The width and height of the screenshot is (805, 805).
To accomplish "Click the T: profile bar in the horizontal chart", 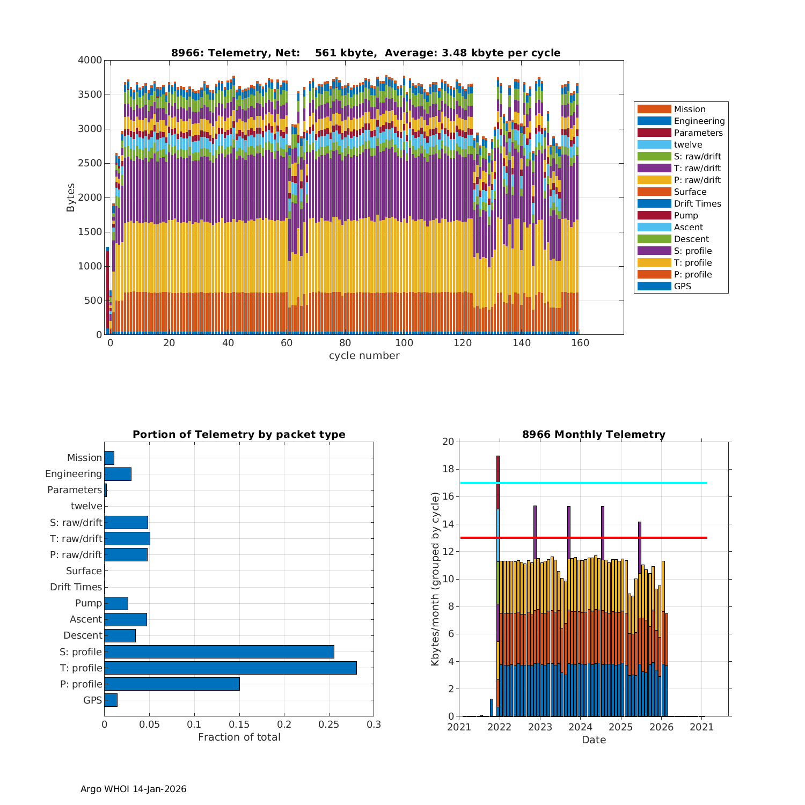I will click(230, 668).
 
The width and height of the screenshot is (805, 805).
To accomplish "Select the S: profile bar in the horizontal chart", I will click(219, 652).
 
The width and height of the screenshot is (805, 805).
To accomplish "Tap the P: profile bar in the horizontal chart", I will click(172, 684).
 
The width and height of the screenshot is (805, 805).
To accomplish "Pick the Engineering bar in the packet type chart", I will click(118, 474).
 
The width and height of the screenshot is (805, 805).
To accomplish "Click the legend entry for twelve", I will click(688, 144).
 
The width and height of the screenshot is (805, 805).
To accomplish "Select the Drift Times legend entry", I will click(697, 203).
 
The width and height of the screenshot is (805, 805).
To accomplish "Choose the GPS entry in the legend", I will click(682, 286).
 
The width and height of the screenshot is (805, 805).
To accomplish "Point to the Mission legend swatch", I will click(654, 109).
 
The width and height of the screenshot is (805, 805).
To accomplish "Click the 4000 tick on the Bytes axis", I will click(90, 60).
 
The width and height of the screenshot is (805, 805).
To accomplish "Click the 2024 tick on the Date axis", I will click(580, 727).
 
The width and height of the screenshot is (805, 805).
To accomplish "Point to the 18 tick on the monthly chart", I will click(447, 469).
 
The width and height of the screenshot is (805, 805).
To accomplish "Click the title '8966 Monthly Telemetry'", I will click(594, 434).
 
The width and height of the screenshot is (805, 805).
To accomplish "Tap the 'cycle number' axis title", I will click(364, 356).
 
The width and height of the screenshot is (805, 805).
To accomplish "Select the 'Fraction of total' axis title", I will click(239, 737).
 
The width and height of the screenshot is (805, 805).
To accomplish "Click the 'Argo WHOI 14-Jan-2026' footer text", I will click(133, 789).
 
